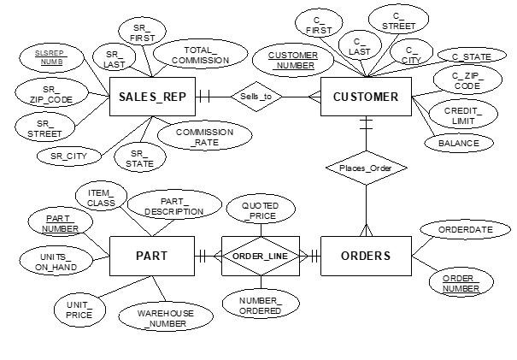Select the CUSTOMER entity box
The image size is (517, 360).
click(365, 97)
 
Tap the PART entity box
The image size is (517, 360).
click(152, 255)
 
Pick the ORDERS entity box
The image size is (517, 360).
click(365, 255)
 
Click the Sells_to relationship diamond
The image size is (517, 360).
click(256, 97)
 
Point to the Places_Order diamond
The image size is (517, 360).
click(365, 168)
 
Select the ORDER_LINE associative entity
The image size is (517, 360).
click(260, 255)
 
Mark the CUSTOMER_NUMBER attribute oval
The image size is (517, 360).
click(293, 60)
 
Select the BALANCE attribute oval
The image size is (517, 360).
click(458, 144)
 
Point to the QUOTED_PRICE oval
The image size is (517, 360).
click(260, 210)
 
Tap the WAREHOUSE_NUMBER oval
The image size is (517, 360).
click(166, 318)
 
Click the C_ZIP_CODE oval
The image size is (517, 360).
click(467, 82)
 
